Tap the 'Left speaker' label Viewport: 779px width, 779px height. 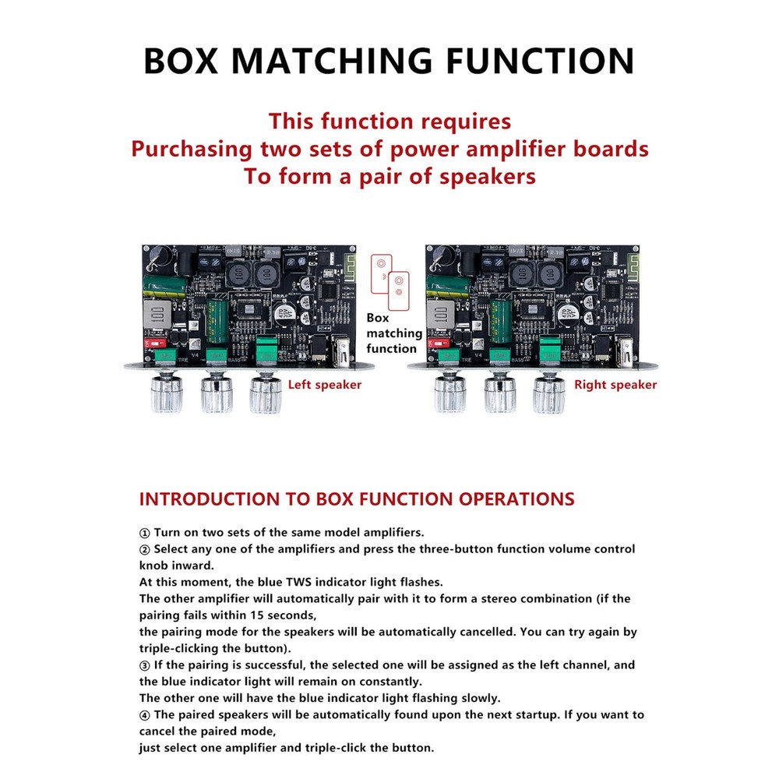tap(325, 385)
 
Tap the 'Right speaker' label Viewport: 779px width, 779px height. tap(615, 385)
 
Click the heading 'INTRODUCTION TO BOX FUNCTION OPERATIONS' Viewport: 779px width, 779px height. tap(356, 499)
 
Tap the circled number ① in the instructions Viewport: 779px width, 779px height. tap(144, 533)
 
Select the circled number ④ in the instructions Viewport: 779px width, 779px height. tap(144, 714)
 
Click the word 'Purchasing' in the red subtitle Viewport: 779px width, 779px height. tap(192, 149)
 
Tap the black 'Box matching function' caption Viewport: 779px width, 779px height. tap(394, 333)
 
